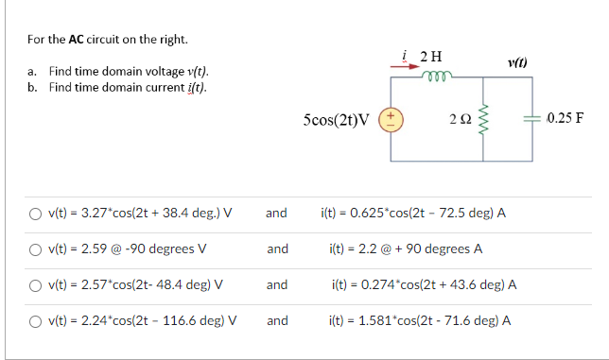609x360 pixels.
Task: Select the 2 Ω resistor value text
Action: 461,121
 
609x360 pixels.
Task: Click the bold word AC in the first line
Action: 79,40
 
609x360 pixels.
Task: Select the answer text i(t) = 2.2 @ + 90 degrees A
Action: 407,249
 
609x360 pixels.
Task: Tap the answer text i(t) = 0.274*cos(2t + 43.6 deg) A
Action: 423,284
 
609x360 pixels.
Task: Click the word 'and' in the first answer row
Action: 276,214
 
